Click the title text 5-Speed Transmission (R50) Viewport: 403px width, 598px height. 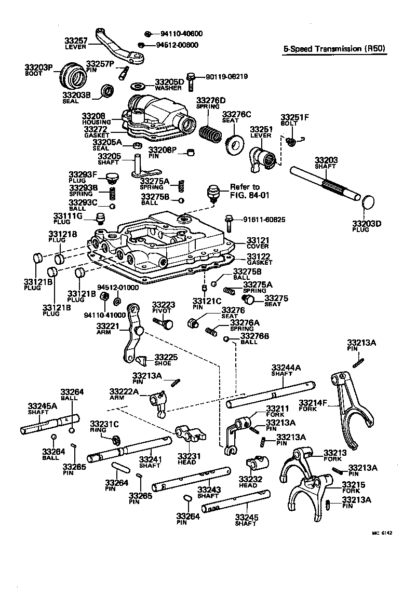(x=334, y=49)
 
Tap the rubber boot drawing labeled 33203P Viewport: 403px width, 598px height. (x=72, y=76)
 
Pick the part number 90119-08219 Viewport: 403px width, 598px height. (x=226, y=76)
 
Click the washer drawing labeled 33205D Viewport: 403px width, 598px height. (x=139, y=84)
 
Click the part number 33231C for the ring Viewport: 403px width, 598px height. (x=104, y=424)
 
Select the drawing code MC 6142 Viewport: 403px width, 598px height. (x=381, y=533)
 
